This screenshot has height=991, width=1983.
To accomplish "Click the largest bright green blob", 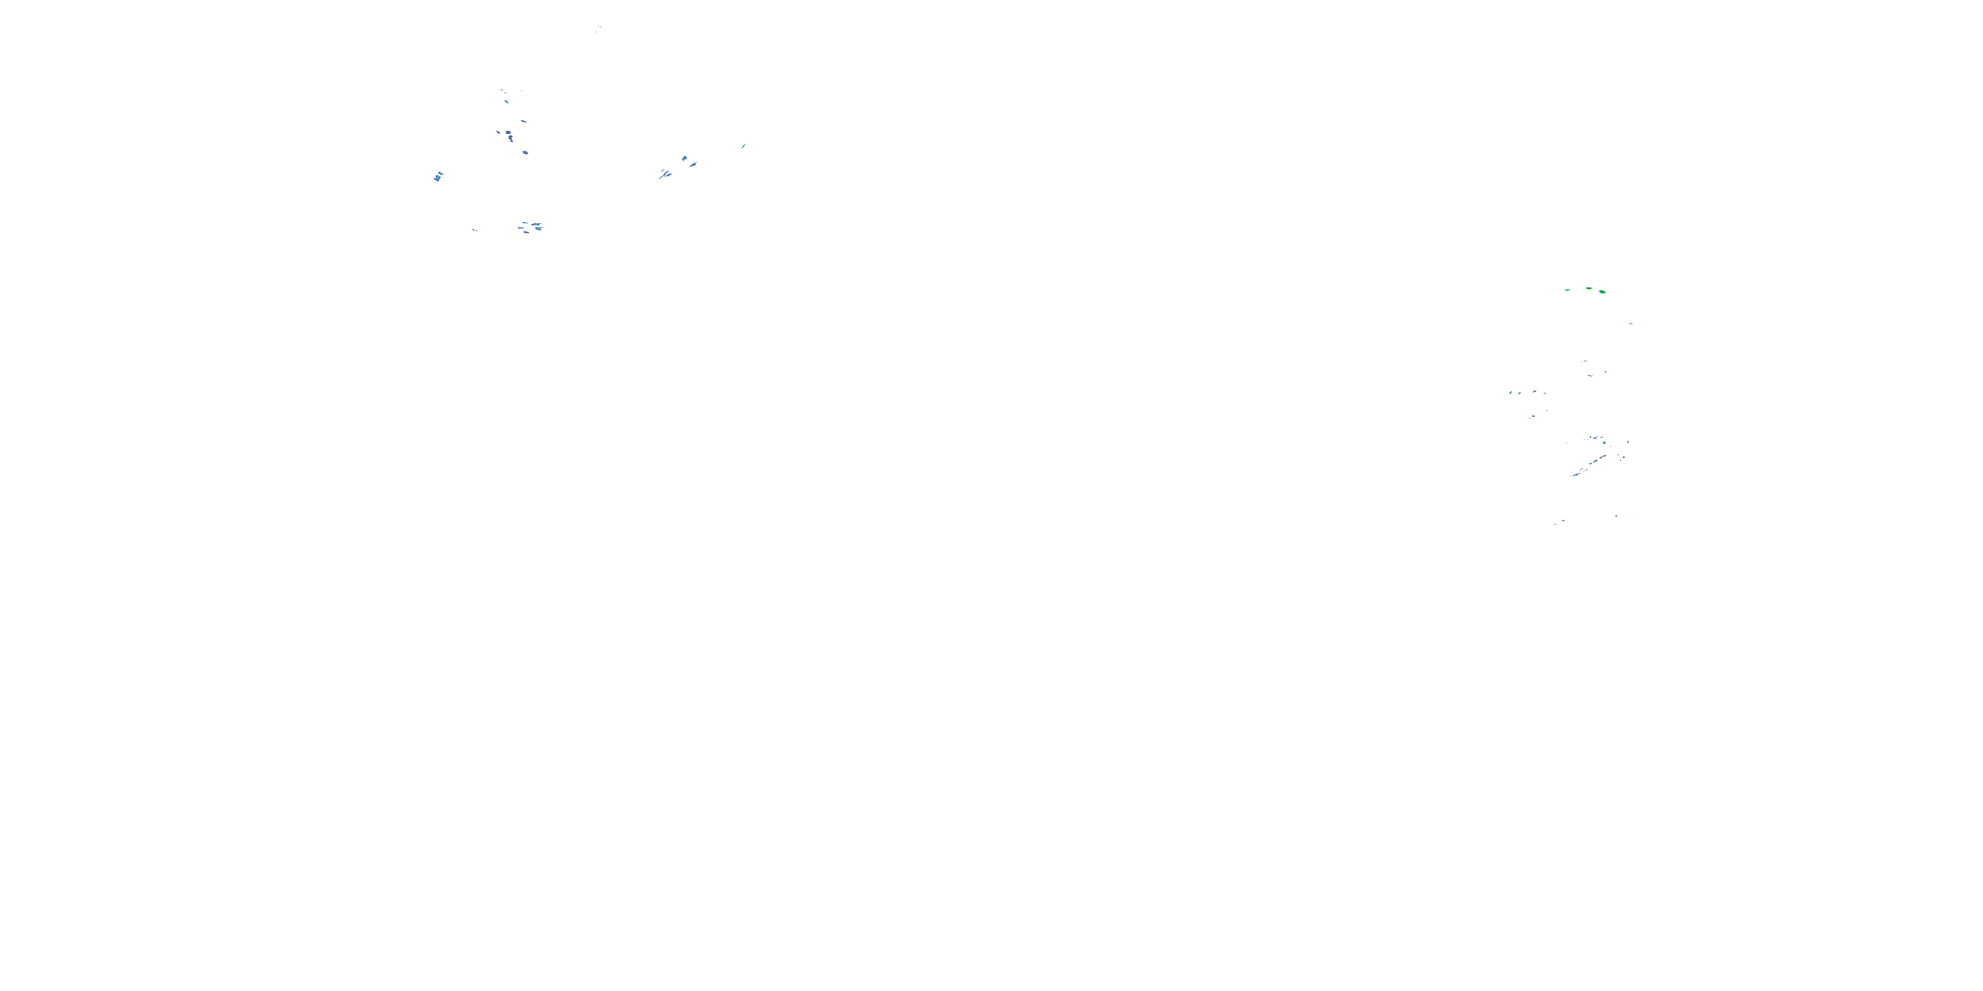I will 1602,291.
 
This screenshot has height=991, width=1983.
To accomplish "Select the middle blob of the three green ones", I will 1589,289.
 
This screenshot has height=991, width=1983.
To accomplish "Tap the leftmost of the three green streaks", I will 1567,290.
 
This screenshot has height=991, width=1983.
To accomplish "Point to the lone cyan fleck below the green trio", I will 1631,324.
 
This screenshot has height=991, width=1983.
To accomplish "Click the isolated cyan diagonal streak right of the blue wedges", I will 743,145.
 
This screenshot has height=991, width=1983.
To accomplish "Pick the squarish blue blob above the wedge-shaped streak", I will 683,159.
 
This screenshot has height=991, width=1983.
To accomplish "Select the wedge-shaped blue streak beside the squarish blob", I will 693,164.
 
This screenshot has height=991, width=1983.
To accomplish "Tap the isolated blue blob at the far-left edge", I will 438,177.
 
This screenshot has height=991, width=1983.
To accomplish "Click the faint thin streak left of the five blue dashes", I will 474,230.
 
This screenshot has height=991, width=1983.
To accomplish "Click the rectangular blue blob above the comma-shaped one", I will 508,133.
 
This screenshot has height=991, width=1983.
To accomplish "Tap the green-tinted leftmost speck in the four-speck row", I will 1510,393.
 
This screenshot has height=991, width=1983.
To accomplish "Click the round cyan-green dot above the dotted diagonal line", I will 1604,443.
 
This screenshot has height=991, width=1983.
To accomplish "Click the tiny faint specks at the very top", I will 598,28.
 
